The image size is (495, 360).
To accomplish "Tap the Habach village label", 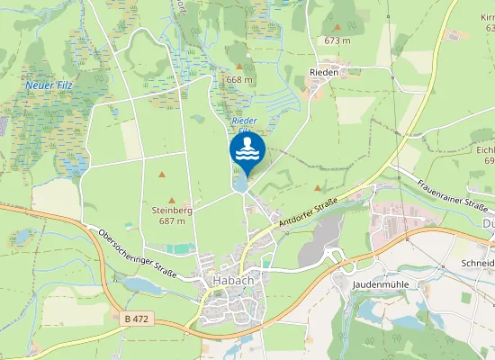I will (232, 280).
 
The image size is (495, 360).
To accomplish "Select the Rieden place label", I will (324, 73).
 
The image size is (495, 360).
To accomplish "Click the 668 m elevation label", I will (239, 80).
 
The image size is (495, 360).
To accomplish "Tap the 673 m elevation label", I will (337, 40).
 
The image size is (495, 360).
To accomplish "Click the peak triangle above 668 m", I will (238, 66).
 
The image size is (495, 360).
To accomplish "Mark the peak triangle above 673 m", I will (337, 27).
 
